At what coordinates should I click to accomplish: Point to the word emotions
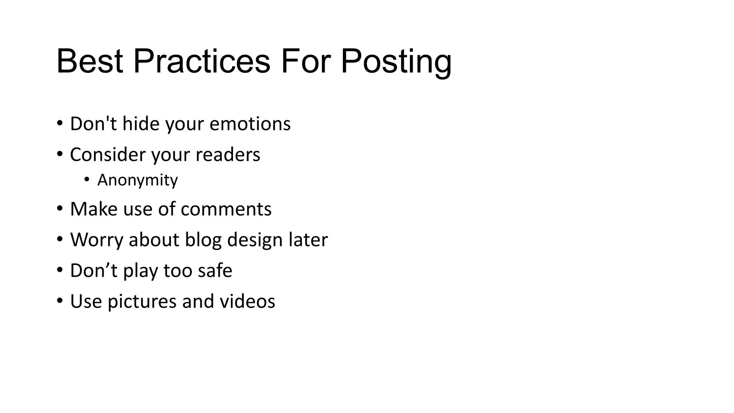click(x=250, y=124)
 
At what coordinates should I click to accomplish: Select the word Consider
click(x=108, y=155)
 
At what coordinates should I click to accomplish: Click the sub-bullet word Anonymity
click(x=137, y=180)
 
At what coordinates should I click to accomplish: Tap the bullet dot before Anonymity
click(x=87, y=179)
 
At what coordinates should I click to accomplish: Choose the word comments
click(x=226, y=209)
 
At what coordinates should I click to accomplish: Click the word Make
click(x=94, y=209)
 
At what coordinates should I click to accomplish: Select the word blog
click(x=203, y=240)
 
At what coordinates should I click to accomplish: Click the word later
click(x=308, y=240)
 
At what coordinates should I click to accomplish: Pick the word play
click(x=140, y=271)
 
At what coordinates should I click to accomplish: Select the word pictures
click(x=142, y=302)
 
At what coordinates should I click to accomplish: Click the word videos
click(x=247, y=302)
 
